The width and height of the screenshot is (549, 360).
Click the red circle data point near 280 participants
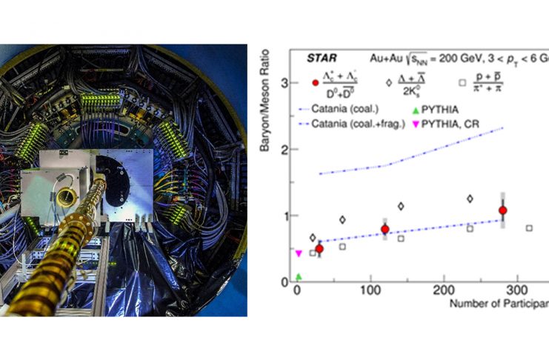click(x=503, y=210)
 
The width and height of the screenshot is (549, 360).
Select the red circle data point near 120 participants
click(x=385, y=230)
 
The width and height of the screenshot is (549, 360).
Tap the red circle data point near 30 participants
click(x=319, y=249)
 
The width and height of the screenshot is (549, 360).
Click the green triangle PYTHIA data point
click(x=299, y=277)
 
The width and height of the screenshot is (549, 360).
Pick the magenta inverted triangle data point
click(x=299, y=253)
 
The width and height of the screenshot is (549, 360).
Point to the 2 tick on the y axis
click(x=285, y=150)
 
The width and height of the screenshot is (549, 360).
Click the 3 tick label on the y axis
click(x=285, y=84)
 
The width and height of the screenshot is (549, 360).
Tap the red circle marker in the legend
click(x=315, y=82)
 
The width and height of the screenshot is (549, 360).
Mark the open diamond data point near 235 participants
click(x=470, y=199)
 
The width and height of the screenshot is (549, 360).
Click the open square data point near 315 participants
click(x=529, y=228)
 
